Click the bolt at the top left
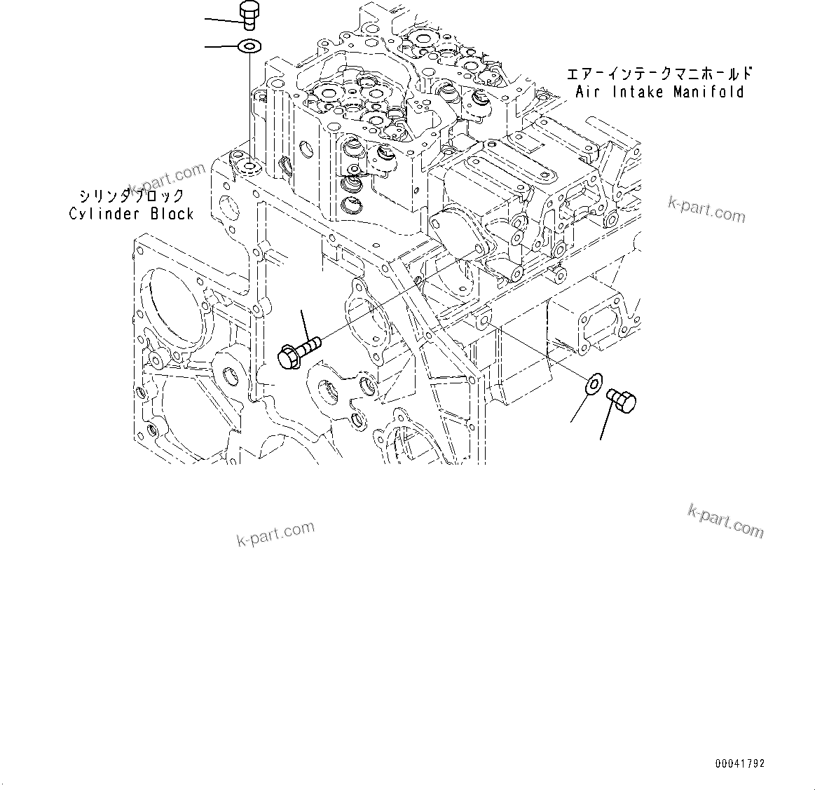tap(249, 15)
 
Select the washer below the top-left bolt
tap(249, 47)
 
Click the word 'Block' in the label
tap(172, 214)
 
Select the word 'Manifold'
tap(708, 92)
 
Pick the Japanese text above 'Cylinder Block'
tap(131, 196)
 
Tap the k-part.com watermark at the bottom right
tap(725, 521)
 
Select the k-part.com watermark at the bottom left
tap(275, 535)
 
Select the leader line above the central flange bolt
tap(306, 324)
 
